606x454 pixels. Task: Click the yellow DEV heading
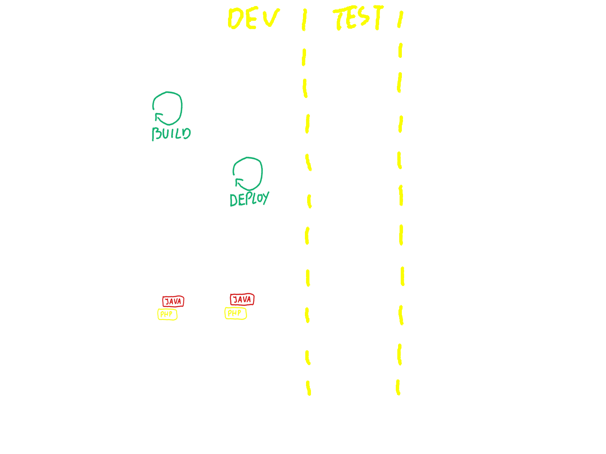pos(253,19)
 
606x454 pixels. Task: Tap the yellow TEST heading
pos(358,18)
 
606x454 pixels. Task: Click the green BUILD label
pos(171,134)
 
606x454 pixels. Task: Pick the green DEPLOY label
pos(249,199)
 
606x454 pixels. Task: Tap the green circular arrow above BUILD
pos(167,108)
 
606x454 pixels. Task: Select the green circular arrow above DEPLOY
pos(248,174)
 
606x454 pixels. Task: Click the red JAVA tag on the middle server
pos(173,301)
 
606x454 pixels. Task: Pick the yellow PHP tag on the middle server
pos(167,314)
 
